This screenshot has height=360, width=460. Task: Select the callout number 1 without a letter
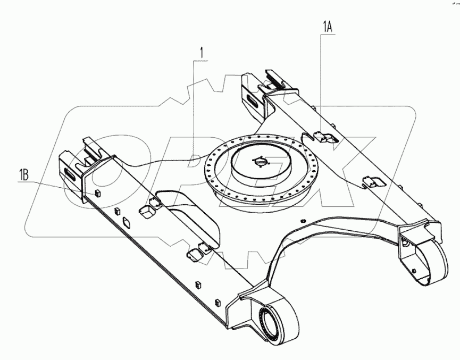[200, 53]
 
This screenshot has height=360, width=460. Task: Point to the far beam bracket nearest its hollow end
[372, 182]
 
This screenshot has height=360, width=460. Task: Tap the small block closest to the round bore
[217, 303]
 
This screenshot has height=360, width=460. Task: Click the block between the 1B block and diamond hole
[114, 211]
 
